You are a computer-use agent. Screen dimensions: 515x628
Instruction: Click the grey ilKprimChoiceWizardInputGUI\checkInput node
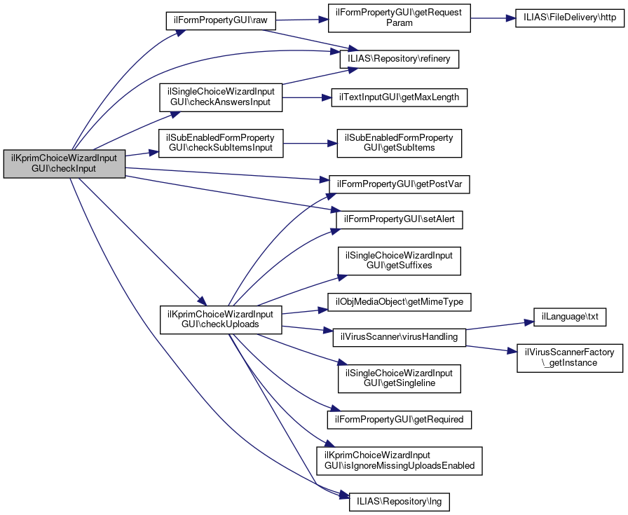[x=64, y=164]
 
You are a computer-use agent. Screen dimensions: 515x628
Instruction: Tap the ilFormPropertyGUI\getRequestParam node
[x=400, y=18]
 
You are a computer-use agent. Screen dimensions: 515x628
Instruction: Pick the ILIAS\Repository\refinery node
[x=400, y=60]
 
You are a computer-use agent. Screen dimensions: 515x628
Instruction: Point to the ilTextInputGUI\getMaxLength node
[x=400, y=97]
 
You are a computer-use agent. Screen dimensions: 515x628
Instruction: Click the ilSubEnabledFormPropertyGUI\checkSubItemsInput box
[x=221, y=144]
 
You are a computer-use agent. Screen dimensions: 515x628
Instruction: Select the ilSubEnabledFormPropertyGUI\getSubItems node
[x=400, y=142]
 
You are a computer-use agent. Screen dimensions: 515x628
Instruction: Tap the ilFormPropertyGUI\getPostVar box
[x=400, y=184]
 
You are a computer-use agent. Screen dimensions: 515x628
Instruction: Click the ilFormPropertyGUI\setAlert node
[x=400, y=219]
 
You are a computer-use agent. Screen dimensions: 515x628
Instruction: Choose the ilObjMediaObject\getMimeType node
[x=400, y=302]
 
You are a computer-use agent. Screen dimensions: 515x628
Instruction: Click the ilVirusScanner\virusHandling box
[x=398, y=337]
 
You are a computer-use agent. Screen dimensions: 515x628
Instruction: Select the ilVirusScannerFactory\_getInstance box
[x=569, y=357]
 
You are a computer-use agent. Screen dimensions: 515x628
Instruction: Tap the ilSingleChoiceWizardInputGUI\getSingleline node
[x=400, y=378]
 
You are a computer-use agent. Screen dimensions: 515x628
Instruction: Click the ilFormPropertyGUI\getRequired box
[x=400, y=420]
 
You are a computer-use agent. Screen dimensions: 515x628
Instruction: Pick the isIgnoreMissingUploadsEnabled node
[x=400, y=460]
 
